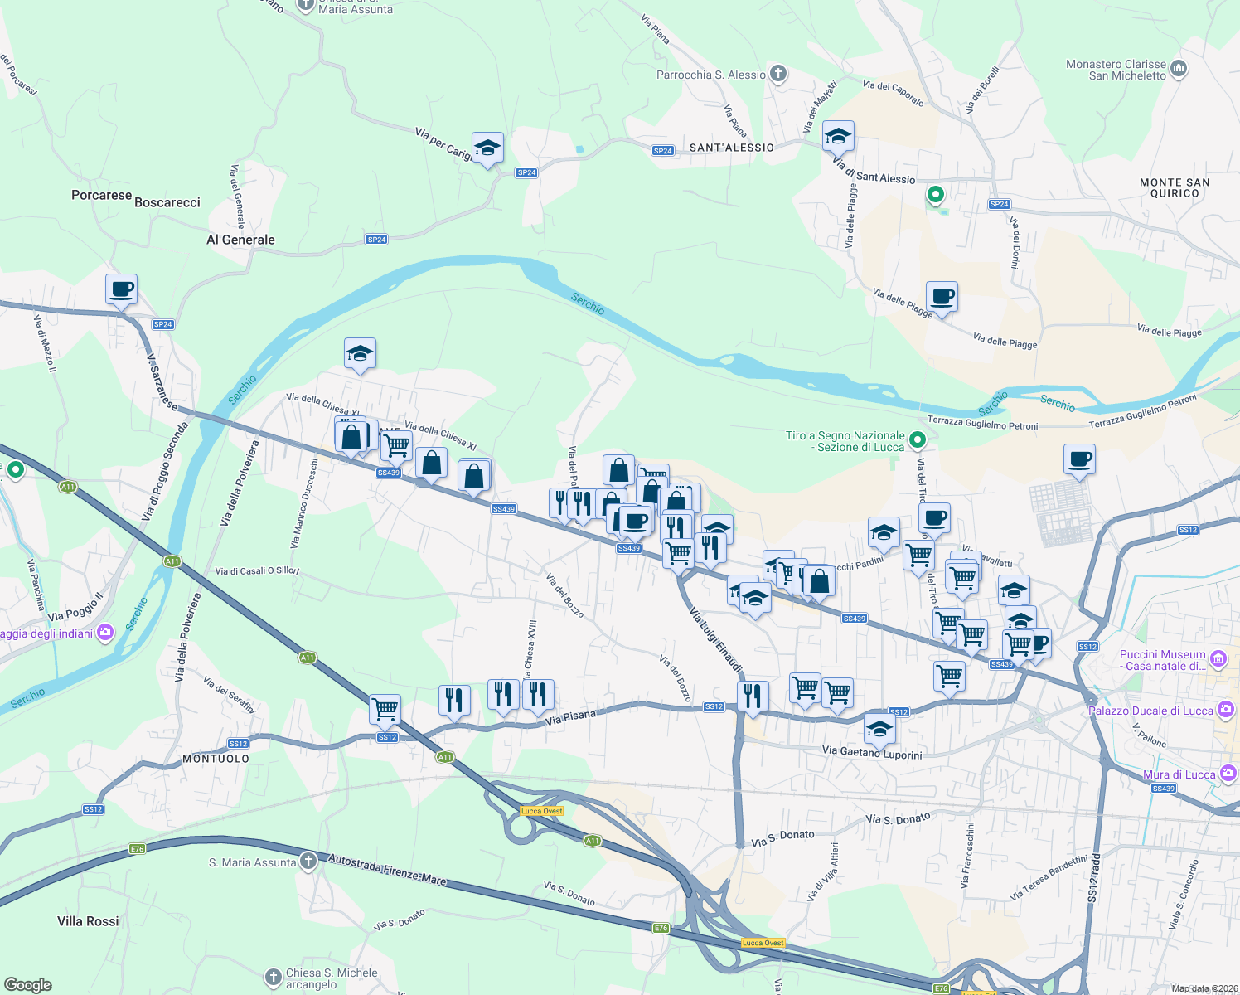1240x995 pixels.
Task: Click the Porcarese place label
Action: (101, 196)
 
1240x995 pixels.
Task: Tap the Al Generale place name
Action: (240, 240)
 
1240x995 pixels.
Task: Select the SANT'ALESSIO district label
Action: (732, 148)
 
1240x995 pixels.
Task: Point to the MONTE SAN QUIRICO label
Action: (1175, 187)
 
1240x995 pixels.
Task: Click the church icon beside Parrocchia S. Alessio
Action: (777, 74)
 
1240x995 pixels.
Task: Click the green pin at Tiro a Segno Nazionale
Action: (917, 439)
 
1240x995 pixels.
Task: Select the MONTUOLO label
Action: (216, 759)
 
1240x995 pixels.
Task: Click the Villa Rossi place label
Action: (88, 921)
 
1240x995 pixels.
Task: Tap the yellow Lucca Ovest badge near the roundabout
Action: (541, 811)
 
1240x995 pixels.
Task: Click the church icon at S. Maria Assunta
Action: (308, 862)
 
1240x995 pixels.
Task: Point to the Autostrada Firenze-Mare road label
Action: (387, 869)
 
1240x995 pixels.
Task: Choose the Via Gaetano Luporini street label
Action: (872, 752)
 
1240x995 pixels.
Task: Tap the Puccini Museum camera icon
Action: (1218, 659)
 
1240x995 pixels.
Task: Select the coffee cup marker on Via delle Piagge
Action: (942, 296)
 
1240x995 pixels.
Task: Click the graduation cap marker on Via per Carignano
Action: (487, 148)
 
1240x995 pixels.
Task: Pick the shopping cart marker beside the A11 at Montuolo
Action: (385, 709)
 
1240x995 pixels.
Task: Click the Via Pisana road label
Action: (570, 718)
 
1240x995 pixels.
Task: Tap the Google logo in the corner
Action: (28, 984)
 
